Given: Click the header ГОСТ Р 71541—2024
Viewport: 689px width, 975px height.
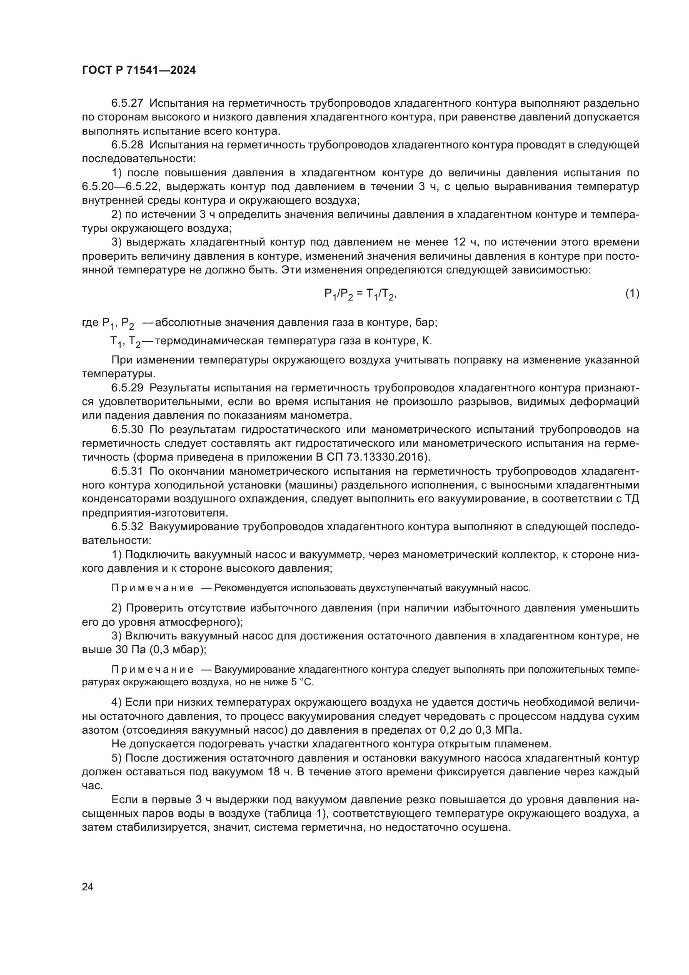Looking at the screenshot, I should [139, 70].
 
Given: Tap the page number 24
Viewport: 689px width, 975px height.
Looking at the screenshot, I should [87, 886].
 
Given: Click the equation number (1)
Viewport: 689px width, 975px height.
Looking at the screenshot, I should [632, 293].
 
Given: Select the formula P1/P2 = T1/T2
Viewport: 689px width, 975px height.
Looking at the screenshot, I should [360, 294].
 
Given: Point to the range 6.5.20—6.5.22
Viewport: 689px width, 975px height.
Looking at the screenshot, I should [120, 186].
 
